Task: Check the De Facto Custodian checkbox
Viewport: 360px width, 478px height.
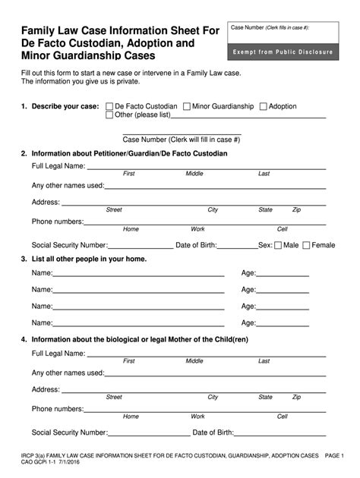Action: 109,107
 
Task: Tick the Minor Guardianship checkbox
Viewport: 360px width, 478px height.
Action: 187,107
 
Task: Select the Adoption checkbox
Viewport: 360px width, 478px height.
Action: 264,107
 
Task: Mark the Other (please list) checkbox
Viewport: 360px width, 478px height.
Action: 109,115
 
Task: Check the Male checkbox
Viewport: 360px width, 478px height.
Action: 278,245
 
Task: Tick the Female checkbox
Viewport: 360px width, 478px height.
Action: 306,245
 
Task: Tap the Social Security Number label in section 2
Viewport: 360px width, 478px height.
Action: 69,245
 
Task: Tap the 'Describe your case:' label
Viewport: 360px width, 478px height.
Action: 65,107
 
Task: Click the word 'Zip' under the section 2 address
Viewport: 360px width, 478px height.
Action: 296,210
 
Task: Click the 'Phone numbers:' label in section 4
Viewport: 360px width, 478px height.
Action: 57,409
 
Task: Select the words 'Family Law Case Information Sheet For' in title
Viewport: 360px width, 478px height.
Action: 120,30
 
